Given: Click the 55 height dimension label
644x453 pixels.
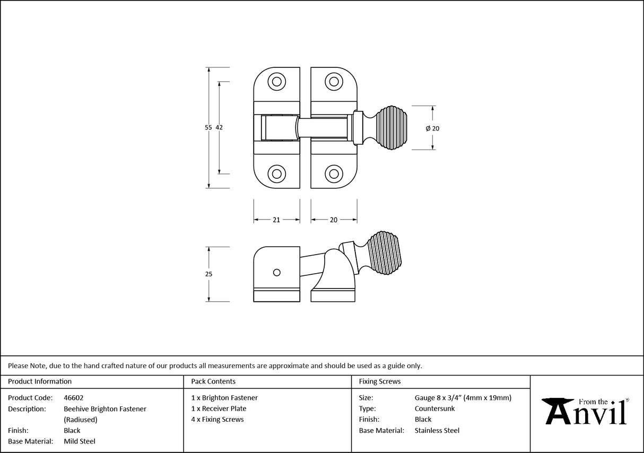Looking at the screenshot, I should (208, 128).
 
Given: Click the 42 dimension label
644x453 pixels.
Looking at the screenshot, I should (219, 128).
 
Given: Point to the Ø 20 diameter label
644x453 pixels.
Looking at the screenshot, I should (432, 128).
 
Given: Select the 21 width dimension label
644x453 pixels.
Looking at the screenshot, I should (276, 220).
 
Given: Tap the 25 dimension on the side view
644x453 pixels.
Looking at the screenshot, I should (208, 274).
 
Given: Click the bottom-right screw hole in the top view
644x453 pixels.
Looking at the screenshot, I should (334, 173).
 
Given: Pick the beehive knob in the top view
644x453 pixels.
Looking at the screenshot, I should (390, 128).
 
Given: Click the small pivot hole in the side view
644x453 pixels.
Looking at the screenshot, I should (276, 272).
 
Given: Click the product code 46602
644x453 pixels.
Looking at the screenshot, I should (73, 398).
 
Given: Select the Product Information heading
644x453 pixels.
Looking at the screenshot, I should (40, 381).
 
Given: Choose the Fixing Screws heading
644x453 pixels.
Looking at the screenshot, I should (380, 381).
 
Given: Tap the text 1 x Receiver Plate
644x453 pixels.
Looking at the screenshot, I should (219, 408).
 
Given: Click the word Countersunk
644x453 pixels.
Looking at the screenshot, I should (434, 408).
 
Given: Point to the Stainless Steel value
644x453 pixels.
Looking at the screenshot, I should (437, 431).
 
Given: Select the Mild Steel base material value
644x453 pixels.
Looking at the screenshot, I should (80, 441).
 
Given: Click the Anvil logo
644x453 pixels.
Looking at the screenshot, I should (586, 411).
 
